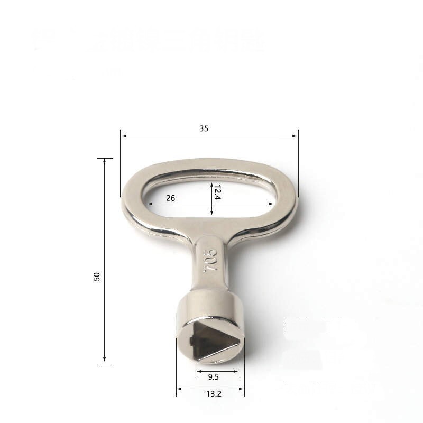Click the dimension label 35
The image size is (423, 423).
[204, 128]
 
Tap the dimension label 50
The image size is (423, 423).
[97, 276]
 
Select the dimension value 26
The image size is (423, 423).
[170, 198]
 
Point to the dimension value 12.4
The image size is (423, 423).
[217, 192]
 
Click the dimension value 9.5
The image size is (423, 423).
[214, 378]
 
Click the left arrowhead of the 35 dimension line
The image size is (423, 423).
[124, 136]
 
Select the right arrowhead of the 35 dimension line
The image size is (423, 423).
[295, 136]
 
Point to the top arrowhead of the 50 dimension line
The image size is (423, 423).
[105, 161]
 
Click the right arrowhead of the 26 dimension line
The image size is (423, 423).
[272, 204]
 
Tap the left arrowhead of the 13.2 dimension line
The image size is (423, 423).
[179, 389]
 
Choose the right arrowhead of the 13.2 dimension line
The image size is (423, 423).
[242, 389]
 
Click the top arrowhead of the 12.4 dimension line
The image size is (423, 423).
[212, 185]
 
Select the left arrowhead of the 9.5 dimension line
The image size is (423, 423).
[198, 371]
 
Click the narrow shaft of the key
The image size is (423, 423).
[210, 264]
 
